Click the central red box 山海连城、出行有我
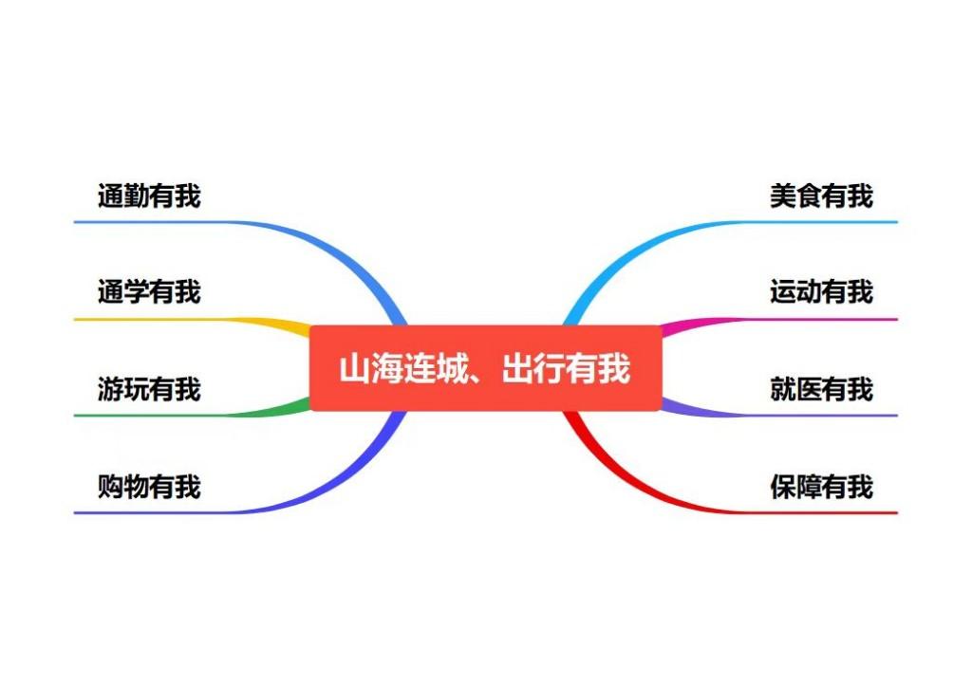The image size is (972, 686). [485, 367]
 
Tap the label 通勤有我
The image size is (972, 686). [149, 195]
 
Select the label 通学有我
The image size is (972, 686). [149, 292]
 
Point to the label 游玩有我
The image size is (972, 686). [149, 389]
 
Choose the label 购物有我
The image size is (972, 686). [149, 487]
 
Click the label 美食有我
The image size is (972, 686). [821, 195]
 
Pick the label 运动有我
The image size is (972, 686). [821, 292]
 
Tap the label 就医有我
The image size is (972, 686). [821, 389]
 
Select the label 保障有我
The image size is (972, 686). [821, 487]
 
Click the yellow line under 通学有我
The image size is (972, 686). [192, 320]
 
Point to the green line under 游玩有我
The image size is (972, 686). [192, 416]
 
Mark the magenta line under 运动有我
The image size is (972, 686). [779, 320]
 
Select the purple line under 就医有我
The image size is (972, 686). [779, 416]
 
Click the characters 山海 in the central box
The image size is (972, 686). [371, 368]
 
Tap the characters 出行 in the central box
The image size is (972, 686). [533, 368]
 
